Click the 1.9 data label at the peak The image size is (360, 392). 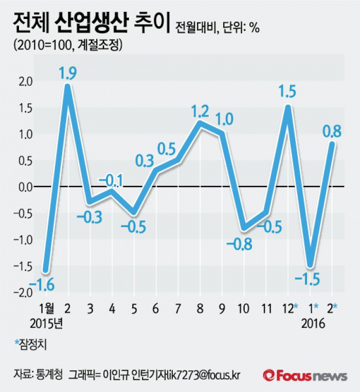click(x=68, y=73)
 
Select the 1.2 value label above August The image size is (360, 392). click(x=200, y=111)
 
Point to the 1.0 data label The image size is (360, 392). click(x=224, y=119)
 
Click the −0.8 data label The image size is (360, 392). click(x=242, y=244)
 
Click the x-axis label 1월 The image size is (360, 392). click(x=46, y=308)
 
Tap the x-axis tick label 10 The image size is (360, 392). click(x=243, y=308)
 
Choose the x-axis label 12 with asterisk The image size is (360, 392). click(x=290, y=308)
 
